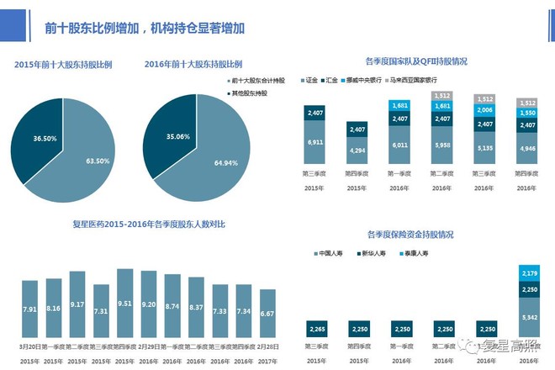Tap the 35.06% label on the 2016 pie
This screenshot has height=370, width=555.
(160, 136)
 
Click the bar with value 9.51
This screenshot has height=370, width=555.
(125, 303)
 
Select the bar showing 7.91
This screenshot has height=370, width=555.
(29, 309)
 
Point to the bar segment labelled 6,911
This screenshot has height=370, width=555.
(316, 144)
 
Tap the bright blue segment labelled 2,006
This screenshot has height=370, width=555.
(485, 110)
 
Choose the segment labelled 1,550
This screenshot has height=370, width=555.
(528, 113)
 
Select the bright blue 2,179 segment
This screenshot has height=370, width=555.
(529, 274)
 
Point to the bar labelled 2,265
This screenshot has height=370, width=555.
(316, 329)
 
